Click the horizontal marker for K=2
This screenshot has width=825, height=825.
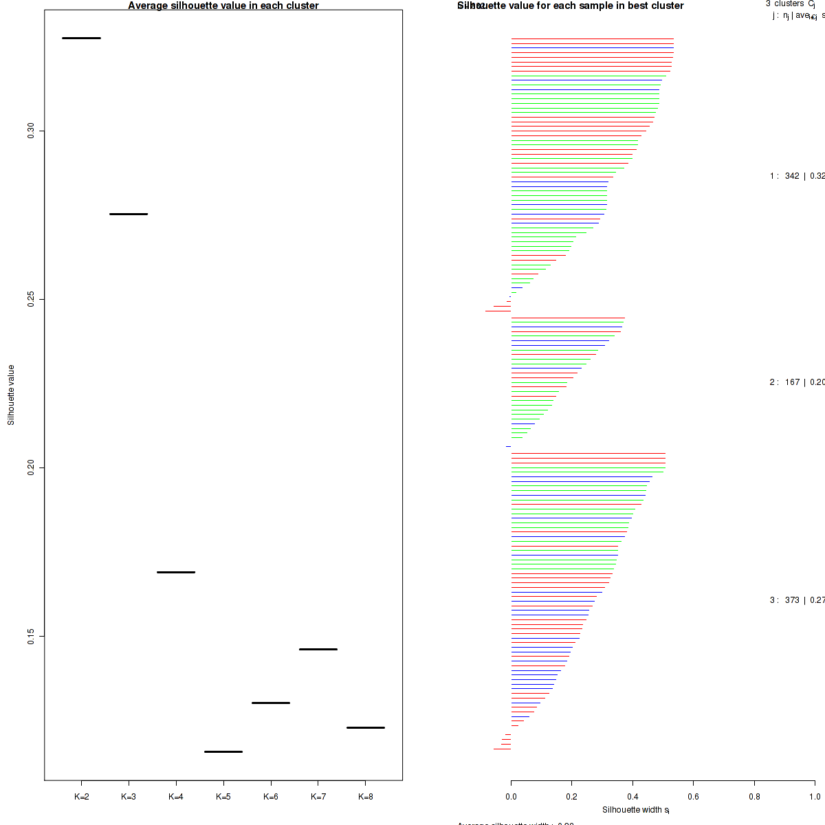[x=81, y=38]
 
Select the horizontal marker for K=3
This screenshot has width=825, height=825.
[x=129, y=214]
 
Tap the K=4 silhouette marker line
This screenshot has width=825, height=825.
[x=176, y=572]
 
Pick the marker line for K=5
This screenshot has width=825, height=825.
[x=223, y=751]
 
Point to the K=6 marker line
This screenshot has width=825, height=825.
[x=271, y=703]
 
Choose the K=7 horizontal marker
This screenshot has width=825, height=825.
[x=318, y=649]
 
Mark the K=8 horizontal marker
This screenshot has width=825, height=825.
[x=366, y=727]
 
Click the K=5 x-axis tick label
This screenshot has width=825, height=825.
[x=223, y=797]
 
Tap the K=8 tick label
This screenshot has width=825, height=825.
[x=366, y=797]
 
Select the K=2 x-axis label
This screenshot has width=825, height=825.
[x=81, y=797]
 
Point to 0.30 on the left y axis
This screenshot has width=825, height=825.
[x=31, y=131]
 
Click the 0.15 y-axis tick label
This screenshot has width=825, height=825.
[x=31, y=636]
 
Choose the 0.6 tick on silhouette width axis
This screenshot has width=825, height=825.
[x=693, y=797]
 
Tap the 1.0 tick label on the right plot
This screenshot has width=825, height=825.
[x=815, y=797]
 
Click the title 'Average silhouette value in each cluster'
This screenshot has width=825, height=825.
[x=223, y=5]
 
